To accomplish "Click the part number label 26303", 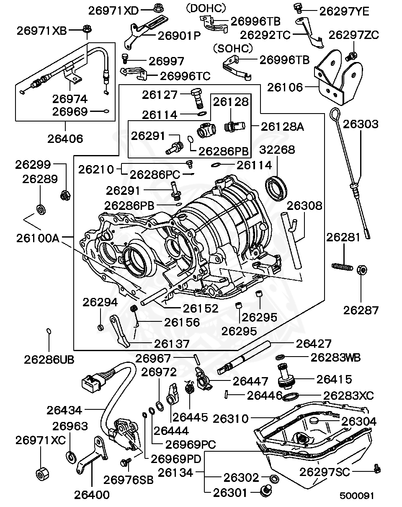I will [361, 124].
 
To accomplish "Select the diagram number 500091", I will [356, 496].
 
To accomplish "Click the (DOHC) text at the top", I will [206, 8].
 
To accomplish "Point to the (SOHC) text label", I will [233, 49].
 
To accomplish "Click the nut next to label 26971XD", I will [159, 8].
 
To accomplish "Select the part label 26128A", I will [282, 127].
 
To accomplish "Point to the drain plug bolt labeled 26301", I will [265, 491].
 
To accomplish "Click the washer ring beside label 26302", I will [274, 479].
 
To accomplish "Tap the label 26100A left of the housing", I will [38, 238].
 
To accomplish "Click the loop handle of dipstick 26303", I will [335, 114].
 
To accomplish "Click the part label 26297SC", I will [324, 472].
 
